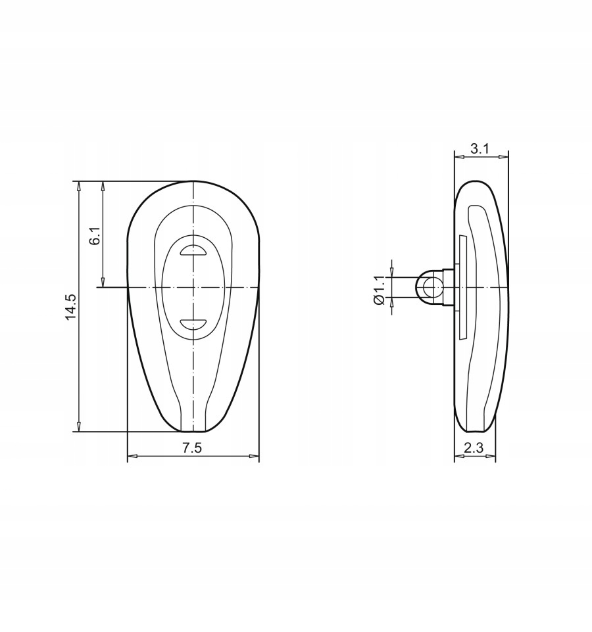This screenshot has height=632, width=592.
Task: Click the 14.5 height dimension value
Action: [70, 307]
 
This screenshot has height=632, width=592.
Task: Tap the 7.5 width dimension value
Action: [191, 448]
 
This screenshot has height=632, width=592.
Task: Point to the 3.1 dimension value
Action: [480, 148]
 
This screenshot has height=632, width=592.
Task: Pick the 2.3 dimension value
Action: [474, 448]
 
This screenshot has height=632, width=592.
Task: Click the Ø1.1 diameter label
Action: [380, 290]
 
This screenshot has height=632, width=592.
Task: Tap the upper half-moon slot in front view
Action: [193, 250]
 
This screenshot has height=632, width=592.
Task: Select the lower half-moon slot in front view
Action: [193, 324]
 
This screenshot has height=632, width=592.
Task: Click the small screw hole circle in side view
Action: [430, 287]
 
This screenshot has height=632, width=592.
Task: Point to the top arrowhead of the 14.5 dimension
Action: [79, 186]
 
